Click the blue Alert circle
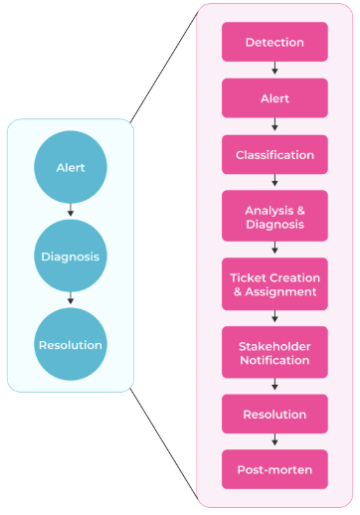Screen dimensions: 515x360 pyautogui.click(x=70, y=168)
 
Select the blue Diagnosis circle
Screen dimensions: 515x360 pyautogui.click(x=70, y=257)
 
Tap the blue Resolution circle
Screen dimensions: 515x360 pyautogui.click(x=70, y=345)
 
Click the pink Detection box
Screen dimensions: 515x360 pyautogui.click(x=274, y=43)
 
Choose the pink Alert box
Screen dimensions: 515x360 pyautogui.click(x=274, y=98)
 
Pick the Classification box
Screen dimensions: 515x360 pyautogui.click(x=274, y=155)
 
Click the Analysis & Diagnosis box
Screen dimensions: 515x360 pyautogui.click(x=274, y=217)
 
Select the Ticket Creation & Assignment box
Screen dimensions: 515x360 pyautogui.click(x=274, y=284)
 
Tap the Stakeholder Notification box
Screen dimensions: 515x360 pyautogui.click(x=274, y=352)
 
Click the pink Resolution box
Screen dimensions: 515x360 pyautogui.click(x=274, y=414)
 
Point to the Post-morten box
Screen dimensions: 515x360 pyautogui.click(x=274, y=469)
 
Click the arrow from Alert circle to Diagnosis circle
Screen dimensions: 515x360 pyautogui.click(x=70, y=211)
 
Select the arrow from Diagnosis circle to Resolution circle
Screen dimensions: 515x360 pyautogui.click(x=70, y=300)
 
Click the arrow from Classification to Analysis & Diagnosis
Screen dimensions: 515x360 pyautogui.click(x=274, y=183)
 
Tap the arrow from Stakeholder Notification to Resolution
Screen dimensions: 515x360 pyautogui.click(x=274, y=386)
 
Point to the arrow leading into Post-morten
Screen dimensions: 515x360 pyautogui.click(x=274, y=441)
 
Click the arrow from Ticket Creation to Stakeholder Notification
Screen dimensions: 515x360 pyautogui.click(x=274, y=318)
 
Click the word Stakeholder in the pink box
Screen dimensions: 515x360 pyautogui.click(x=274, y=345)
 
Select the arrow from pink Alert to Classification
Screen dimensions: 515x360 pyautogui.click(x=274, y=126)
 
